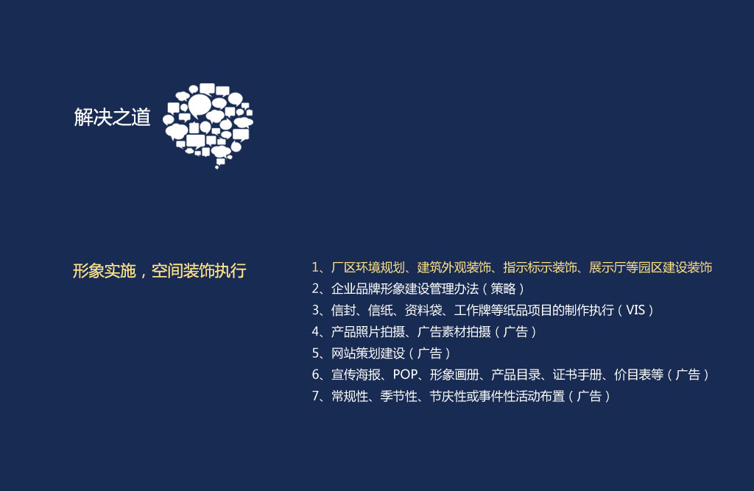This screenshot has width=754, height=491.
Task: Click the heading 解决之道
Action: (112, 117)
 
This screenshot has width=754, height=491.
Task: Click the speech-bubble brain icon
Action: (208, 125)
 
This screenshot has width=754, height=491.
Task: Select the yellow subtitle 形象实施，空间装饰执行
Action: (159, 271)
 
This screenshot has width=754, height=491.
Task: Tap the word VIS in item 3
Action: (635, 310)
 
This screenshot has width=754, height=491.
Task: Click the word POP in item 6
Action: (405, 375)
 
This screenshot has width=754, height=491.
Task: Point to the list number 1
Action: (315, 267)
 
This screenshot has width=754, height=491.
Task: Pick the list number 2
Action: (316, 289)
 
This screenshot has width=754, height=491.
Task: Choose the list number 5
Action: (316, 353)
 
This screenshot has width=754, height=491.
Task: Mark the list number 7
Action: (316, 396)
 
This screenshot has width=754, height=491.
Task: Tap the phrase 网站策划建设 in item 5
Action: (368, 353)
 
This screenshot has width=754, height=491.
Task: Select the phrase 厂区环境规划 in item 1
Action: (368, 267)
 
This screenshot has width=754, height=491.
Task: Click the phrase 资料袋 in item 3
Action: (423, 310)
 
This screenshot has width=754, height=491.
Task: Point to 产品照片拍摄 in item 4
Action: (368, 332)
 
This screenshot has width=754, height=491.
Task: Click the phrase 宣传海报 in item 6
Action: (356, 375)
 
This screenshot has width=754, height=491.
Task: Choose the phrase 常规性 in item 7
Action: (350, 396)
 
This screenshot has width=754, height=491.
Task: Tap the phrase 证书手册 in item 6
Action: (577, 375)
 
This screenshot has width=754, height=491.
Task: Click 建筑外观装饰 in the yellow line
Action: (454, 267)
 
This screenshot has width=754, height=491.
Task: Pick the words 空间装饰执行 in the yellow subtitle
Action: (199, 271)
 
